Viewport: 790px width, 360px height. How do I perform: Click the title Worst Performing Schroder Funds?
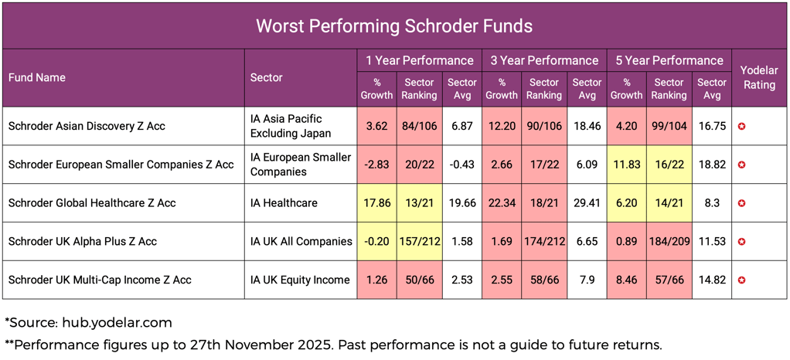tap(394, 25)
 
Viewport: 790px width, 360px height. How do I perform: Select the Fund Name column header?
tap(37, 77)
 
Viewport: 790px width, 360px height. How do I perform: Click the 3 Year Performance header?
tap(543, 60)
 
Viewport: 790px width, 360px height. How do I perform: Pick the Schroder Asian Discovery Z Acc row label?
tap(87, 126)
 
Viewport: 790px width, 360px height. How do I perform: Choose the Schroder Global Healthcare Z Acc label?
tap(92, 203)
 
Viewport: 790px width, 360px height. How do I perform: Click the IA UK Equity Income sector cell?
tap(300, 280)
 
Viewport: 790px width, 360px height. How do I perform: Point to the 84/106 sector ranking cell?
tap(418, 126)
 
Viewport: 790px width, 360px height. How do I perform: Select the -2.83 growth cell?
tap(376, 165)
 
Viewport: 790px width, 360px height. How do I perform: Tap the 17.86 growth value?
tap(376, 203)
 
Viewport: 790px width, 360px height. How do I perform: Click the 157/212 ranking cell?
tap(418, 242)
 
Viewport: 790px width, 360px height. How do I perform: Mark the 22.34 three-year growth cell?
tap(501, 203)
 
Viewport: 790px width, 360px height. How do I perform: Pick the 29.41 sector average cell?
tap(586, 203)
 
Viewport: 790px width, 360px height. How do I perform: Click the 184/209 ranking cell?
tap(669, 242)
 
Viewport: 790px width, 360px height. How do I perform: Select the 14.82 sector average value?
tap(711, 280)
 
